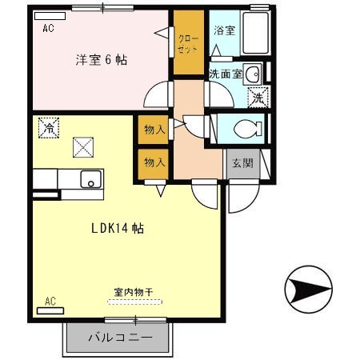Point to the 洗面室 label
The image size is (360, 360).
224,74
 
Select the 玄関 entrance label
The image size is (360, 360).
242,163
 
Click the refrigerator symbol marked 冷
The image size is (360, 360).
50,127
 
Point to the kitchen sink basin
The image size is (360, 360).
90,179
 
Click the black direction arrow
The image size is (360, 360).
309,290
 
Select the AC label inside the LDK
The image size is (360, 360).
50,302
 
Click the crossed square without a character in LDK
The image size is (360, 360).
82,146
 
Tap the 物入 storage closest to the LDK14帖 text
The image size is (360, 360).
154,162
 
